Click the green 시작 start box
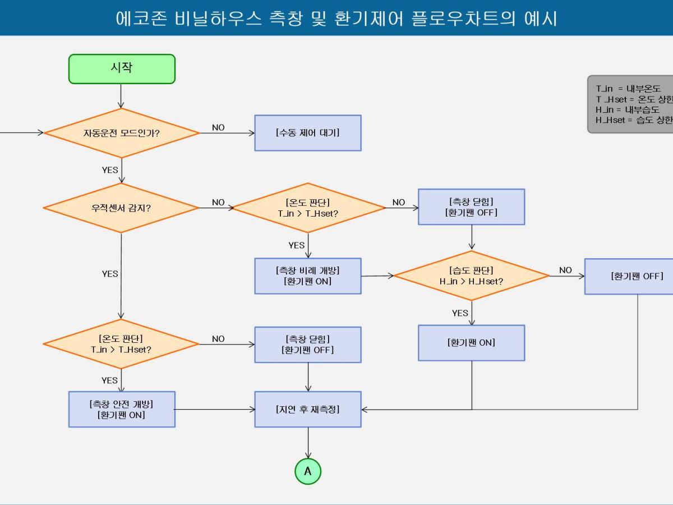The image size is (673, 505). tap(122, 69)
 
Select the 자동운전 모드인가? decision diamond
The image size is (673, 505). tap(122, 134)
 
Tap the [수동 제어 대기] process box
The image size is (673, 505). tap(308, 133)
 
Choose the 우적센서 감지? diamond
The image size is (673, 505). tap(121, 208)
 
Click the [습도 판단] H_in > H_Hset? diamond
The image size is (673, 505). tap(471, 276)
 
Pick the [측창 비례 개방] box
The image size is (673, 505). tap(308, 276)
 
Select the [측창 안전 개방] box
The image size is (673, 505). tap(122, 409)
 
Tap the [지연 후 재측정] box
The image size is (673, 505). tap(308, 409)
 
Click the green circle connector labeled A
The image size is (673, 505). tap(308, 471)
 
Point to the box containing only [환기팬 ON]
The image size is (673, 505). tap(471, 342)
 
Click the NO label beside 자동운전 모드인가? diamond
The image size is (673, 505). tap(218, 127)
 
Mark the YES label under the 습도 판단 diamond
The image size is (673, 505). tap(460, 313)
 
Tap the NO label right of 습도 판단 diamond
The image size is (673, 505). tap(565, 270)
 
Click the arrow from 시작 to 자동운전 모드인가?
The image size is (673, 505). tap(121, 96)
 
